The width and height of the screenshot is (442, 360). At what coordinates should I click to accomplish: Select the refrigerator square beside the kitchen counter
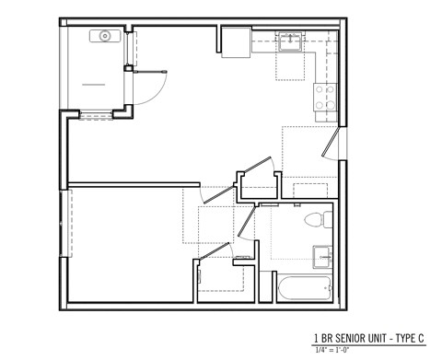coord(236,42)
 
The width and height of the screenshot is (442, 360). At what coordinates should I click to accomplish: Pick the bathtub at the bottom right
coord(304,290)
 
